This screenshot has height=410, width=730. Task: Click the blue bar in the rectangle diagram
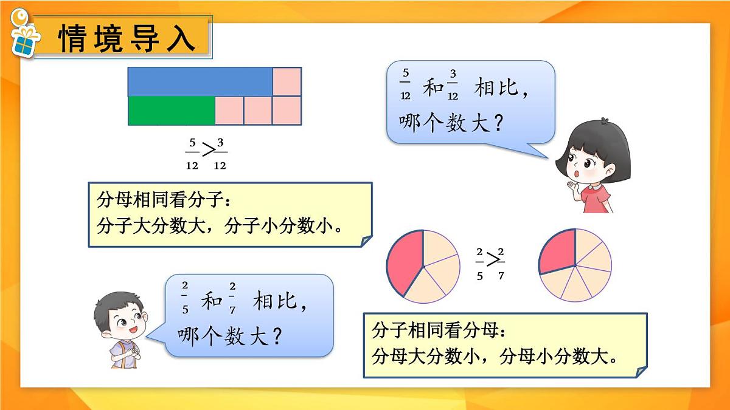point(200,81)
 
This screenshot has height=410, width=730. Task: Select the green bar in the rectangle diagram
point(172,111)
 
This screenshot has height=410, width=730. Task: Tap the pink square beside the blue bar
point(287,81)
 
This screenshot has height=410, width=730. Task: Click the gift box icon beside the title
point(25,40)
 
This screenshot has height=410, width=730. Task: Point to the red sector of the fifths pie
point(402,262)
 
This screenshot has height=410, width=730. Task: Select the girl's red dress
point(595,198)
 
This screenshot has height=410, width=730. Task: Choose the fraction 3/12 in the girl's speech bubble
point(452,86)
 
